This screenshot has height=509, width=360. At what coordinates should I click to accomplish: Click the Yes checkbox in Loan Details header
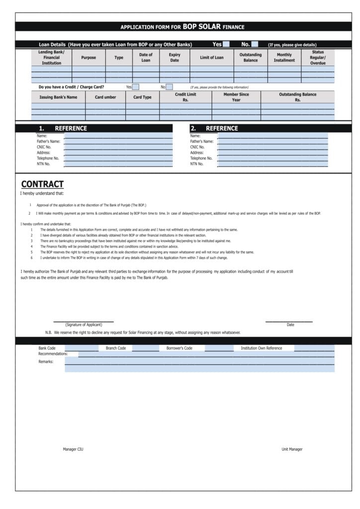pos(226,44)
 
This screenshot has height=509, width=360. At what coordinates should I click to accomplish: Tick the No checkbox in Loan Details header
pos(255,44)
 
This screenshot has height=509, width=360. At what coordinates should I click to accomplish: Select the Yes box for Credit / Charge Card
pos(136,87)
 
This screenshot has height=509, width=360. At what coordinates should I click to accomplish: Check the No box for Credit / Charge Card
pos(169,87)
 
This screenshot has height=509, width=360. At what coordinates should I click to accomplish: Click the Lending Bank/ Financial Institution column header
pos(51,58)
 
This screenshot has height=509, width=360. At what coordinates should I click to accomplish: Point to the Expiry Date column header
pos(175,58)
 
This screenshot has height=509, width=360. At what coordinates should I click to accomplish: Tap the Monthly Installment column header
pos(284,58)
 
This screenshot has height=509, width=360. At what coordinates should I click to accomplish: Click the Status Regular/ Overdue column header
pos(318,58)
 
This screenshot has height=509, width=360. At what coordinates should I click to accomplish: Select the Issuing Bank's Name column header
pos(58,97)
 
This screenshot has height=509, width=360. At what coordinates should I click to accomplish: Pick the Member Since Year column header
pos(236,97)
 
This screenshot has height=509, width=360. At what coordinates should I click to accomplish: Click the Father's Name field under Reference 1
pos(118,142)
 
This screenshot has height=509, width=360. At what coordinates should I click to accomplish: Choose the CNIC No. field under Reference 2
pos(272,147)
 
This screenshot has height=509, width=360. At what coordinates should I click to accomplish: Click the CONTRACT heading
pos(42,184)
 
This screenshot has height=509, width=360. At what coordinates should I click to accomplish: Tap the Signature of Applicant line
pos(84,321)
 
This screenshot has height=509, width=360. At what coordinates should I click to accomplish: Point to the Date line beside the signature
pos(289,321)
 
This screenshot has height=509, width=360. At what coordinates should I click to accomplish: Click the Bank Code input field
pos(82,348)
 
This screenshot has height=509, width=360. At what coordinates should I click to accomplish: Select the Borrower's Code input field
pos(218,348)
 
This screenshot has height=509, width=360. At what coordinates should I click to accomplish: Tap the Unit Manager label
pos(292,449)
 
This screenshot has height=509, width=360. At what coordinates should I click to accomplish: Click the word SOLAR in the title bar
pos(209,26)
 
